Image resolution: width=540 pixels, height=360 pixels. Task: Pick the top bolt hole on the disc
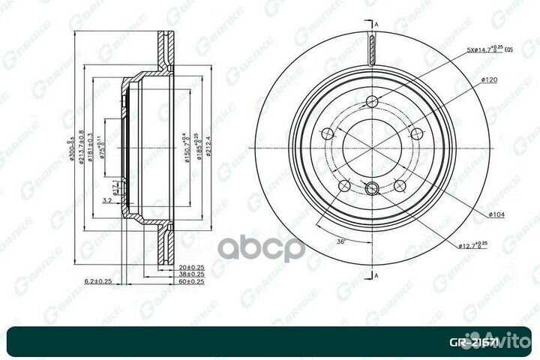[373, 103]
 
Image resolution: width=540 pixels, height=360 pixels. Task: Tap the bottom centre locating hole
[373, 188]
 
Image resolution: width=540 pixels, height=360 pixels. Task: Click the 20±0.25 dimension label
[191, 266]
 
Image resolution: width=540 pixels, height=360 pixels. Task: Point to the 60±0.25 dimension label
[191, 282]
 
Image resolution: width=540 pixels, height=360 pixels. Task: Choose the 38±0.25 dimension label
[191, 274]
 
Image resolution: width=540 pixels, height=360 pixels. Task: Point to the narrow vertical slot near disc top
[372, 49]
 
